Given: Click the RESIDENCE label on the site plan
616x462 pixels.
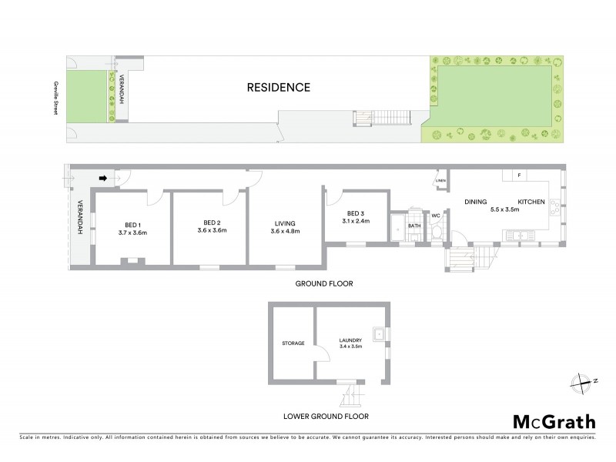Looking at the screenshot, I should tap(279, 87).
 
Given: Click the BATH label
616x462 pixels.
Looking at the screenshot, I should tap(413, 226).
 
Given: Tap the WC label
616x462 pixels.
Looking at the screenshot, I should tap(435, 216).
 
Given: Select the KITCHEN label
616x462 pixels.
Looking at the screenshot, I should tap(531, 202).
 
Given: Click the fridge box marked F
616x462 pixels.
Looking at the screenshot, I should tap(520, 176).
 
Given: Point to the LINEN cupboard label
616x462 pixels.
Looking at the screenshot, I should tap(440, 182).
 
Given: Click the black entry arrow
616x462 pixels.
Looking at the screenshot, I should tap(102, 179).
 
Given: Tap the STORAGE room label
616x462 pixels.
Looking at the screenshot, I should tap(293, 343).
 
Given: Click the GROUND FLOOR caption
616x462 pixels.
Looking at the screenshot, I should tap(325, 283).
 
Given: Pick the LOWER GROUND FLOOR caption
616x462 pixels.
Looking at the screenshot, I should tap(325, 417).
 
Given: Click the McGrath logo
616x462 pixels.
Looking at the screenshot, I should tap(554, 421).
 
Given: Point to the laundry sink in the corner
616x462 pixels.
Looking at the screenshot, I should tap(378, 334).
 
